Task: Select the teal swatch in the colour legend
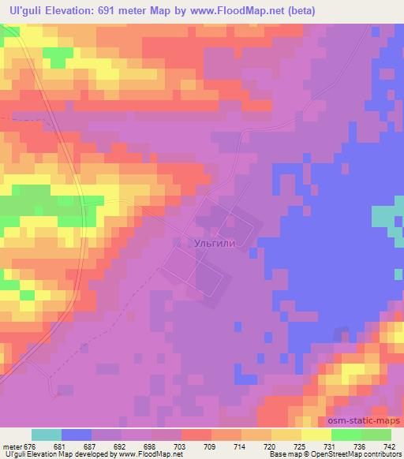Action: point(46,435)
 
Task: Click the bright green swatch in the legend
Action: point(346,435)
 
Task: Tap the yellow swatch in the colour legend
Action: point(316,435)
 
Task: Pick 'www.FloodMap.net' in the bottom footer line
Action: point(151,455)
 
